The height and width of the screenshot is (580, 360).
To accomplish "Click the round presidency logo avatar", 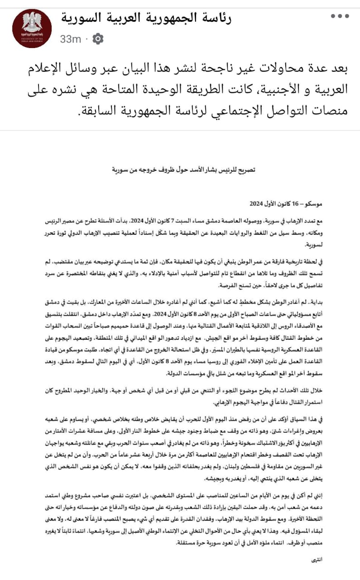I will [x=32, y=29].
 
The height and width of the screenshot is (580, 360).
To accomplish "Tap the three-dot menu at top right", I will [x=340, y=16].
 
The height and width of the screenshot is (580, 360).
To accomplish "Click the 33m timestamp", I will [x=71, y=39].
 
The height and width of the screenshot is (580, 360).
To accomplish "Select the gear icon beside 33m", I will [x=98, y=39].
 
